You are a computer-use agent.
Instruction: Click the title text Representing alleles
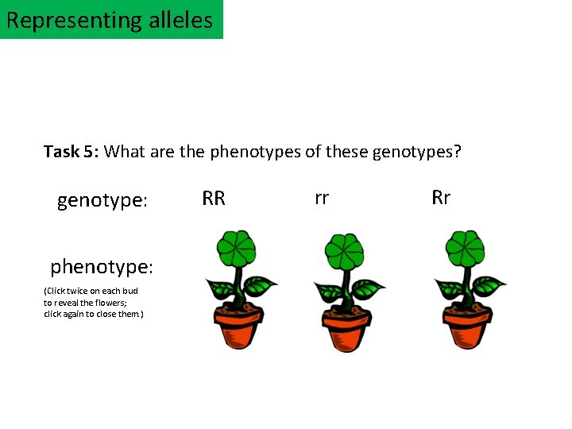(110, 19)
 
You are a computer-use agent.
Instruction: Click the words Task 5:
(71, 151)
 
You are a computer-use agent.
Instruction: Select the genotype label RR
(214, 199)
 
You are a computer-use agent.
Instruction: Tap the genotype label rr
(322, 199)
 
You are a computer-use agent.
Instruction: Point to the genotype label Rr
(441, 198)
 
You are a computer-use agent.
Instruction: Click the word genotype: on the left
(102, 201)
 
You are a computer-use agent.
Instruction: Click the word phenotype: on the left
(102, 265)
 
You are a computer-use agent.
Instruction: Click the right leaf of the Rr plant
(489, 284)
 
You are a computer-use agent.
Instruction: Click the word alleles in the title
(181, 19)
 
